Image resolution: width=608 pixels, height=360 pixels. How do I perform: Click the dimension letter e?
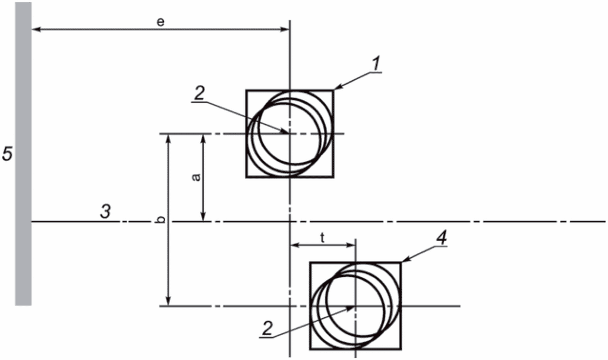(160, 22)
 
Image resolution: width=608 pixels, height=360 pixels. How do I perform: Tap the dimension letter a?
(196, 177)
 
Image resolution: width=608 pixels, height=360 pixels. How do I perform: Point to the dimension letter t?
(322, 238)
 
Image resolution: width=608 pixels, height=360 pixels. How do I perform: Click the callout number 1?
(376, 64)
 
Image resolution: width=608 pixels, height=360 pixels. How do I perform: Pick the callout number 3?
(105, 211)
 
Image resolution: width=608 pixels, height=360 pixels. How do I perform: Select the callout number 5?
(7, 153)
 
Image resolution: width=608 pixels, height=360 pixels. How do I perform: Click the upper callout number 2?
(199, 93)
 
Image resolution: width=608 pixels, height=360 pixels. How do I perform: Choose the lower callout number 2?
(267, 329)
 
